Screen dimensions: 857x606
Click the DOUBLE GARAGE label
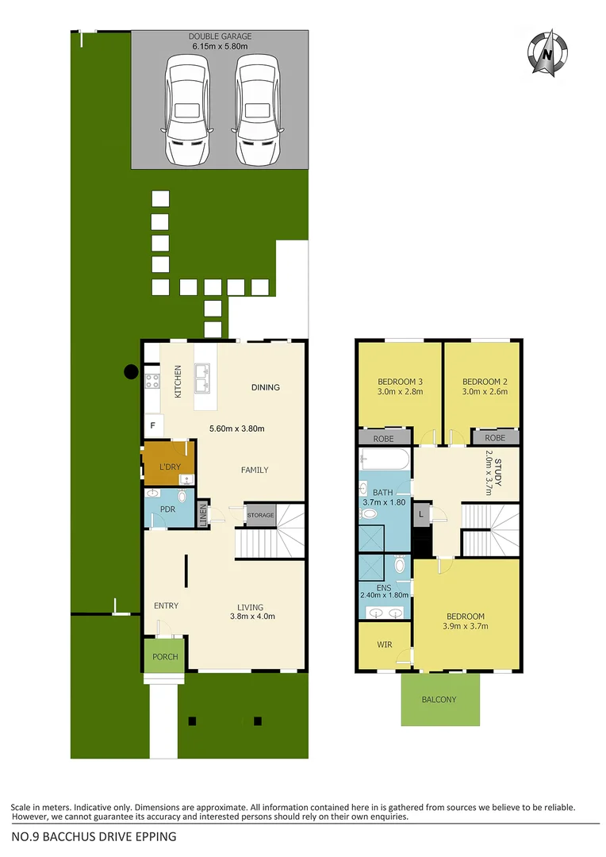220,37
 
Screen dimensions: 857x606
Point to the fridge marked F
152,426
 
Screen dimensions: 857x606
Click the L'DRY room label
170,467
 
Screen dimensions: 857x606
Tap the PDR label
167,509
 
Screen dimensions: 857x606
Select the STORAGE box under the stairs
259,515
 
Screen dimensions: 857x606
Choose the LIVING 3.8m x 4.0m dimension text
252,616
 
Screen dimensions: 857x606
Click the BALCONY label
439,699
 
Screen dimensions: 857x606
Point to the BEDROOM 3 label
399,381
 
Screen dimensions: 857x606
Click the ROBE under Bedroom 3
382,437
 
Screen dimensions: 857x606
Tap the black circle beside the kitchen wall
129,371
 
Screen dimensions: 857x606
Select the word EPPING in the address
154,836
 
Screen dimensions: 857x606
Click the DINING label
265,387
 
